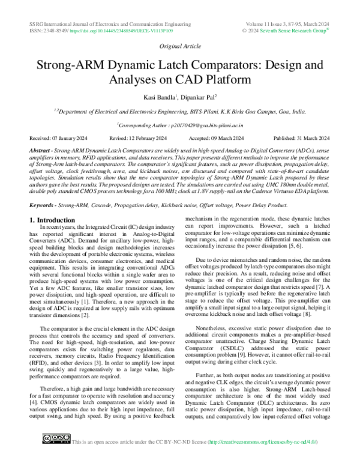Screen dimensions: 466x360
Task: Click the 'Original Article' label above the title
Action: click(x=179, y=46)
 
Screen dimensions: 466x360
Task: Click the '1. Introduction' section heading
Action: click(x=55, y=204)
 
